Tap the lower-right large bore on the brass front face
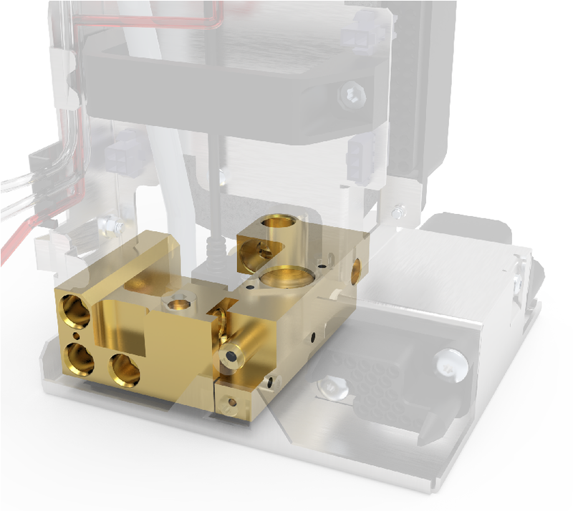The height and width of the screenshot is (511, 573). click(x=125, y=369)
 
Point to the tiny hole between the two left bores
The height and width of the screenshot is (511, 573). click(x=77, y=334)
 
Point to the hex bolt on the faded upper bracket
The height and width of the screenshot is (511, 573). click(x=351, y=94)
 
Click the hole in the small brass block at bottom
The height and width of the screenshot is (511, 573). click(x=231, y=402)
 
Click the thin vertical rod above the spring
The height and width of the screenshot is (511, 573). click(x=212, y=186)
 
